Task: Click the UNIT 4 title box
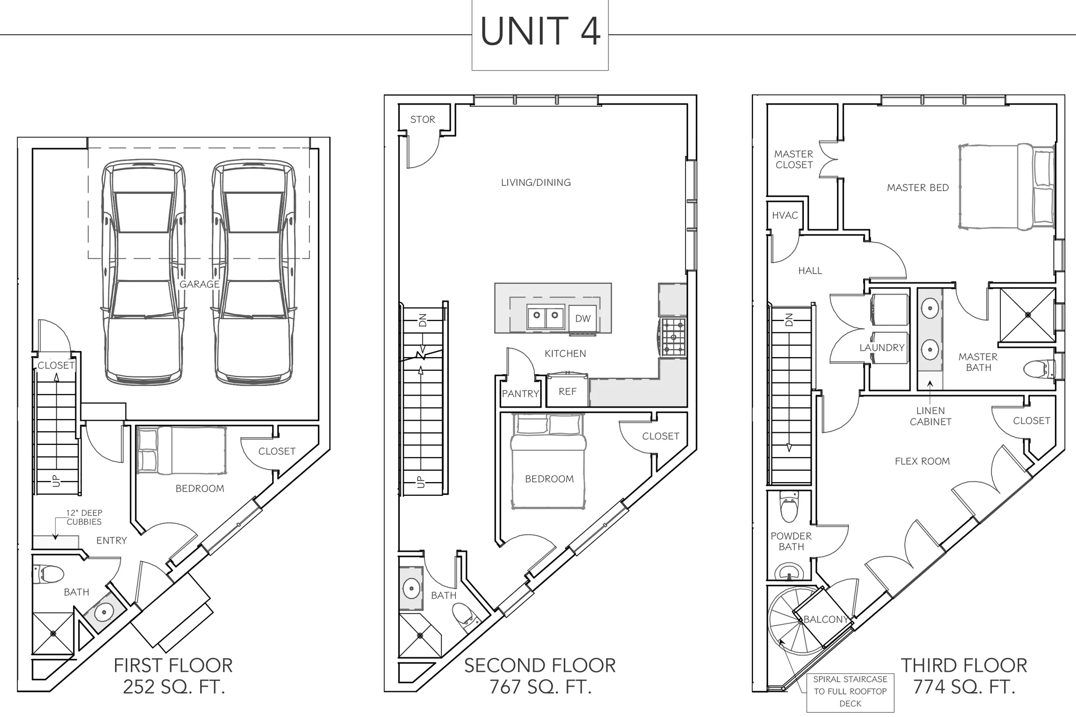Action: point(540,35)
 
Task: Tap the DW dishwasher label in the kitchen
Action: point(583,318)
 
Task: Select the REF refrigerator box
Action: point(567,391)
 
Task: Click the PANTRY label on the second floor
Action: point(520,393)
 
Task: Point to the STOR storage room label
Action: point(423,119)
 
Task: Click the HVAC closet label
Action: point(785,215)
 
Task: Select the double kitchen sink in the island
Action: point(545,317)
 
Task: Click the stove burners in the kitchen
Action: point(674,337)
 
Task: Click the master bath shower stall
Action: point(1028,315)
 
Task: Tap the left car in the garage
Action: point(143,272)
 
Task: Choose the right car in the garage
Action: point(254,272)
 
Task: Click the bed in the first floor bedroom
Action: point(182,450)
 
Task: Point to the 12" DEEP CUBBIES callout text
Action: point(84,517)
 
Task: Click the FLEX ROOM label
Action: point(922,461)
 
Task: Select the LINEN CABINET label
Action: point(930,416)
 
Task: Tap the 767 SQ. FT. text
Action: point(540,687)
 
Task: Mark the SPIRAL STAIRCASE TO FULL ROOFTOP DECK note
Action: point(850,691)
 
